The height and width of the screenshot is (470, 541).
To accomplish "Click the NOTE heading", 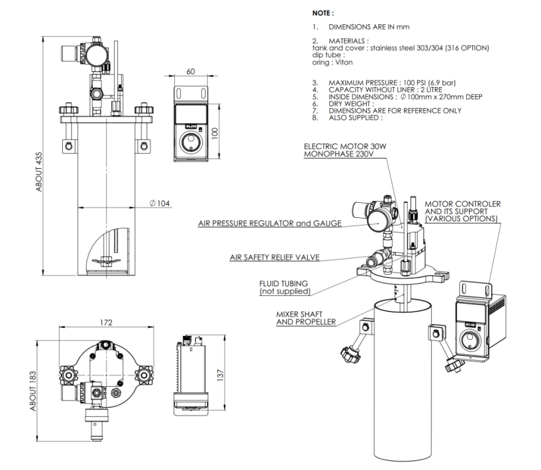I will tap(326, 11).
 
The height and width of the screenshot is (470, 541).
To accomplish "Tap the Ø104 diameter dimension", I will tap(160, 203).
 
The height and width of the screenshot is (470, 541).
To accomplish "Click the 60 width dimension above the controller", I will tap(191, 72).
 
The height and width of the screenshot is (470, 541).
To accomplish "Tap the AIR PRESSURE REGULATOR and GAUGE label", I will tap(270, 224).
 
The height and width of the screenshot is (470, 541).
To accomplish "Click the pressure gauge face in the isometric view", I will tap(379, 221).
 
